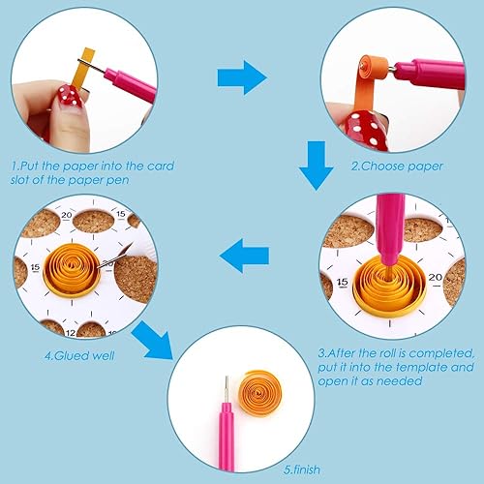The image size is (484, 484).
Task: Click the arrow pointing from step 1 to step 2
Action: coord(242,77)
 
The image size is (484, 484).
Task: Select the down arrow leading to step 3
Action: coord(316,166)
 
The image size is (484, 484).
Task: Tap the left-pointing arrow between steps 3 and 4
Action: coord(244,256)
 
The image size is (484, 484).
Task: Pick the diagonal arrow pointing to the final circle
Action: coord(153,341)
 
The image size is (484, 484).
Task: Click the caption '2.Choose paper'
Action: coord(397,166)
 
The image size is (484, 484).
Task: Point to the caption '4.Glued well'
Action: coord(79,355)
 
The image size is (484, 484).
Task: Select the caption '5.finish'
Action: coord(302,469)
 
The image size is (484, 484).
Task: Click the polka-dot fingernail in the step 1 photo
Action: coord(70,96)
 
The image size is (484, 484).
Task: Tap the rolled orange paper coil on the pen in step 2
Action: coord(375,70)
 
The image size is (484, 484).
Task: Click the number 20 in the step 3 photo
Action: coord(435,278)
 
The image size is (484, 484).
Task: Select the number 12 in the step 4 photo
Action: coord(71,333)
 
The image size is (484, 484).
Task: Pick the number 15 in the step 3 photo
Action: coord(343,283)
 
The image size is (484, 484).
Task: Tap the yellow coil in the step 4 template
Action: coord(72,270)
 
